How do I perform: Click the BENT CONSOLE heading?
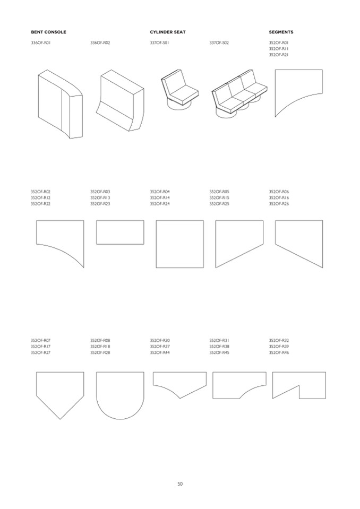coord(48,32)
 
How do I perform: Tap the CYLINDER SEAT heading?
coord(167,32)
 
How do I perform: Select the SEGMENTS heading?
coord(281,32)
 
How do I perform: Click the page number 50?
coord(180,484)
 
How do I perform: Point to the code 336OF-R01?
coord(40,42)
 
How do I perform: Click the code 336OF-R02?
coord(100,42)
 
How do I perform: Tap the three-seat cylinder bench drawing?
coord(239,94)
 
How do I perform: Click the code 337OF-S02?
coord(219,42)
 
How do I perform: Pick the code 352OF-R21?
coord(279,55)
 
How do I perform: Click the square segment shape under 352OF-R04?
coord(180,244)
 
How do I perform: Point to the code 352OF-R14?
coord(160,197)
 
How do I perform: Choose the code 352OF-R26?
coord(279,204)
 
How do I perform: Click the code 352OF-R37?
coord(160,347)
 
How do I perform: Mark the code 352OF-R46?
coord(279,353)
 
